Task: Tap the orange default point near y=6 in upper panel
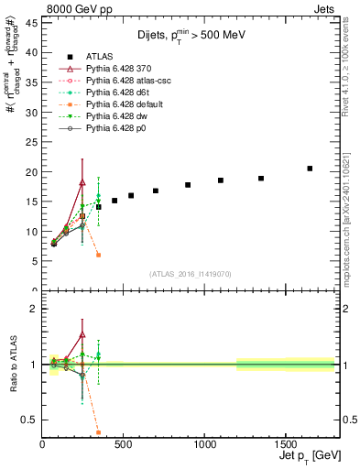coord(98,255)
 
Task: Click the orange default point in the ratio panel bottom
coord(98,432)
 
